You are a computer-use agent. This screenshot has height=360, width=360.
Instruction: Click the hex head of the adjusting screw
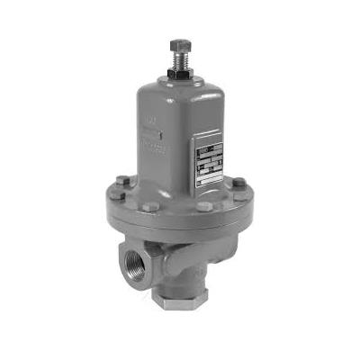(x=181, y=44)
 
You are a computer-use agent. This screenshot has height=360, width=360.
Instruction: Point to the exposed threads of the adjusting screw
(x=181, y=58)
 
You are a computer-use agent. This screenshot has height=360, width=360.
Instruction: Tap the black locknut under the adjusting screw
(x=181, y=71)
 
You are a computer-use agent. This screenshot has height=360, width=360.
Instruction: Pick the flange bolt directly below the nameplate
(x=204, y=206)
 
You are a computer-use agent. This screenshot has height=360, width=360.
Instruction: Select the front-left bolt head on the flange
(x=152, y=206)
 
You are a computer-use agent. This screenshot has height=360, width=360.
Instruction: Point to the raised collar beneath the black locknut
(x=181, y=80)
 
